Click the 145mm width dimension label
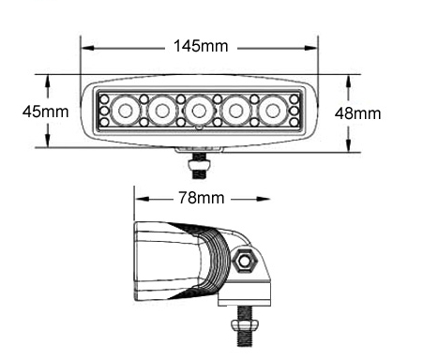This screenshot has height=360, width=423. click(200, 45)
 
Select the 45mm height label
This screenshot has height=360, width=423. click(44, 111)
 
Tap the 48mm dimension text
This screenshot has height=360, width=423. click(357, 112)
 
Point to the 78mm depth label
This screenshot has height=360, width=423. click(201, 198)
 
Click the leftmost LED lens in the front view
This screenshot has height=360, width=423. click(125, 112)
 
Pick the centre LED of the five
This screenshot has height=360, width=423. click(199, 112)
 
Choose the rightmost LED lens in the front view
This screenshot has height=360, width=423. click(273, 112)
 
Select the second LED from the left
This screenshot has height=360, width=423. click(162, 112)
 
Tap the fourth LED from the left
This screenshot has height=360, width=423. click(236, 112)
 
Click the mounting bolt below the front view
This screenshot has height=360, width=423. click(199, 167)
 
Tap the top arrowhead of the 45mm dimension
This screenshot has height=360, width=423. click(47, 78)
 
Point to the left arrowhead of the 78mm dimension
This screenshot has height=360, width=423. click(140, 198)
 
